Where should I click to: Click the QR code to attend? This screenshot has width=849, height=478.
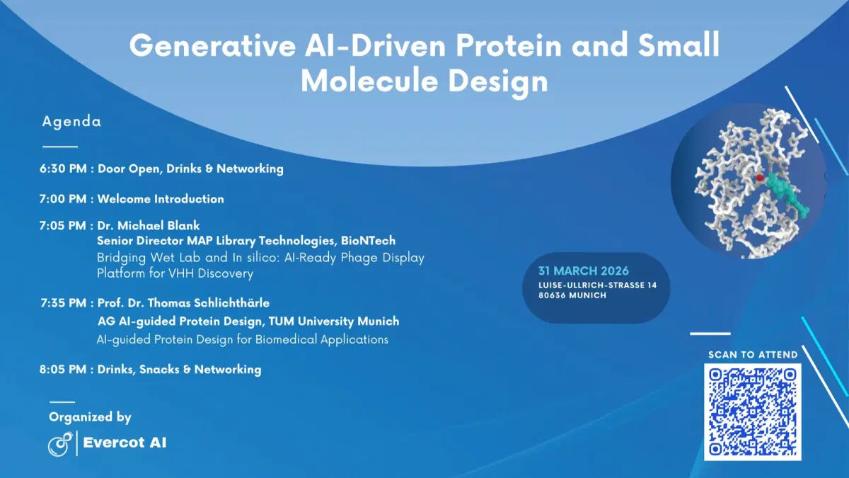752,411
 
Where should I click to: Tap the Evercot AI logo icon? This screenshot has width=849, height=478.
59,444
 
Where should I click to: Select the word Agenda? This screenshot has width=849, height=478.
71,121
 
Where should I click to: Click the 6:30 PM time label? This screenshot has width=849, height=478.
63,169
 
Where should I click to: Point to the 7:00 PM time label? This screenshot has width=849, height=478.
63,199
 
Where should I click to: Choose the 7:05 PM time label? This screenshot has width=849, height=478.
63,226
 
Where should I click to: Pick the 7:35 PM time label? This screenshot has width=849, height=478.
64,303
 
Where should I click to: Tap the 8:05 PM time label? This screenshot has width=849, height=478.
64,370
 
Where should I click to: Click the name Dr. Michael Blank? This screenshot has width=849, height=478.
149,226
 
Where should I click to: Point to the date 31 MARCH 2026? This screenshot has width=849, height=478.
584,271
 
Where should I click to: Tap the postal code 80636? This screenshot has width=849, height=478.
555,295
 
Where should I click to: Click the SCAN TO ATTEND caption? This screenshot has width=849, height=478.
753,354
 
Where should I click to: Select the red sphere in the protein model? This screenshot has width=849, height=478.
759,178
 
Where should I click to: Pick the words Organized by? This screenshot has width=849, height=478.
90,417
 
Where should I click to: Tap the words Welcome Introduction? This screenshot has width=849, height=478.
161,199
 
